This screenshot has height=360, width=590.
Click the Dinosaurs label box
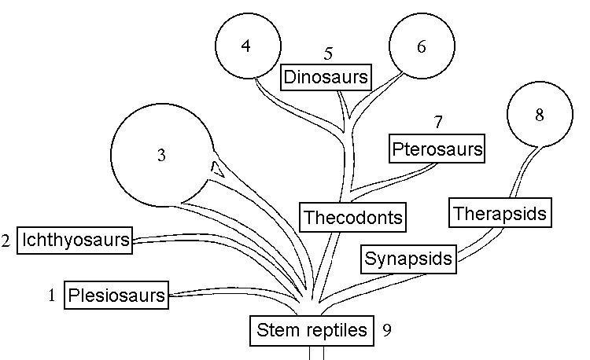click(x=326, y=77)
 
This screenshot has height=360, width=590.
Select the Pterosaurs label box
click(x=437, y=148)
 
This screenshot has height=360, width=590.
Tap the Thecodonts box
click(x=352, y=216)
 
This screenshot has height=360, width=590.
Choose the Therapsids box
click(x=499, y=212)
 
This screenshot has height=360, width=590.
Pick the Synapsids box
click(x=409, y=259)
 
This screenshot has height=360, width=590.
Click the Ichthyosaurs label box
click(x=75, y=240)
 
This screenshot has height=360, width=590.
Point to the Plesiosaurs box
click(x=116, y=296)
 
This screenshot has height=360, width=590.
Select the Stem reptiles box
click(x=312, y=330)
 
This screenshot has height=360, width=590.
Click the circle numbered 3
click(x=161, y=155)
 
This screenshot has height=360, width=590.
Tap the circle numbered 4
click(x=247, y=46)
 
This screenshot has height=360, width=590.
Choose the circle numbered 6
click(x=421, y=46)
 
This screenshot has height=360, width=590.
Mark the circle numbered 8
click(x=539, y=115)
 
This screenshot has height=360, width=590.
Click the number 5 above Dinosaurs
click(x=329, y=53)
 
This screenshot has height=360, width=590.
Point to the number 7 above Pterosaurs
click(x=438, y=122)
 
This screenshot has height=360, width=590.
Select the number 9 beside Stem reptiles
click(x=386, y=330)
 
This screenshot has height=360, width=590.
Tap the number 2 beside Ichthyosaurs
click(x=6, y=241)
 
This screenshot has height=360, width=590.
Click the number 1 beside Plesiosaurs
click(x=51, y=296)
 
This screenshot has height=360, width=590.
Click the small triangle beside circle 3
click(x=219, y=168)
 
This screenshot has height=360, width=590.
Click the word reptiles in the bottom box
click(x=336, y=331)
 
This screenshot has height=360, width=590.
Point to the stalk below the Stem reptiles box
click(x=315, y=353)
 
